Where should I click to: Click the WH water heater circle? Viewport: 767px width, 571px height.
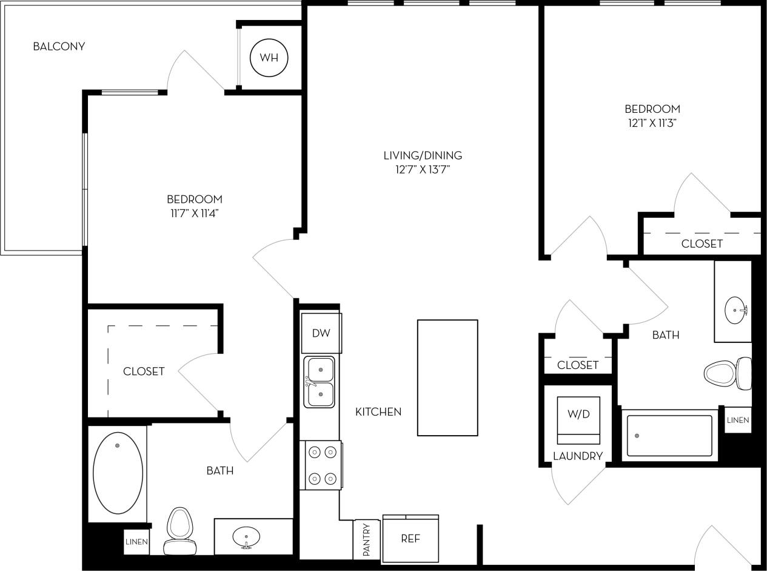[269, 58]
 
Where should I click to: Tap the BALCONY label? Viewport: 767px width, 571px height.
[59, 46]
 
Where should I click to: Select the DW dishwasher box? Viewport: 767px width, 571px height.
[321, 333]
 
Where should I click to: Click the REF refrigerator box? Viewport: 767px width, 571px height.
[410, 539]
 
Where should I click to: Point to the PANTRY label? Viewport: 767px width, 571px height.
[366, 540]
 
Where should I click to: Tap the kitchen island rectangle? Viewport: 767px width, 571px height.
[447, 377]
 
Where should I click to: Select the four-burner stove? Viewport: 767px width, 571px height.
[322, 465]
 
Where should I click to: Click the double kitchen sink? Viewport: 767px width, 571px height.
[320, 382]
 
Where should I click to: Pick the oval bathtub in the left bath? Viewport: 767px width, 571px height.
[118, 473]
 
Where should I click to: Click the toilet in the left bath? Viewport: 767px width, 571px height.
[179, 531]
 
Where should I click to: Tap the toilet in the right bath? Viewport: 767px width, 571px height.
[728, 373]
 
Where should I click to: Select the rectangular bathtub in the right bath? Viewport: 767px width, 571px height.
[669, 436]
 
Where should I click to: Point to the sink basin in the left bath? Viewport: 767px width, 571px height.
[246, 536]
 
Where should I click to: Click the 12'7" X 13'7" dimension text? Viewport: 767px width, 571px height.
[423, 170]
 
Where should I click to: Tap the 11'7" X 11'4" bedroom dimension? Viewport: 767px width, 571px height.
[195, 213]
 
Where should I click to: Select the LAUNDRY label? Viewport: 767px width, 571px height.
[578, 456]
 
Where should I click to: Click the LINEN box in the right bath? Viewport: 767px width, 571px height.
[738, 420]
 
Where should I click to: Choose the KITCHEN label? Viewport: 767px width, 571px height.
[378, 412]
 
